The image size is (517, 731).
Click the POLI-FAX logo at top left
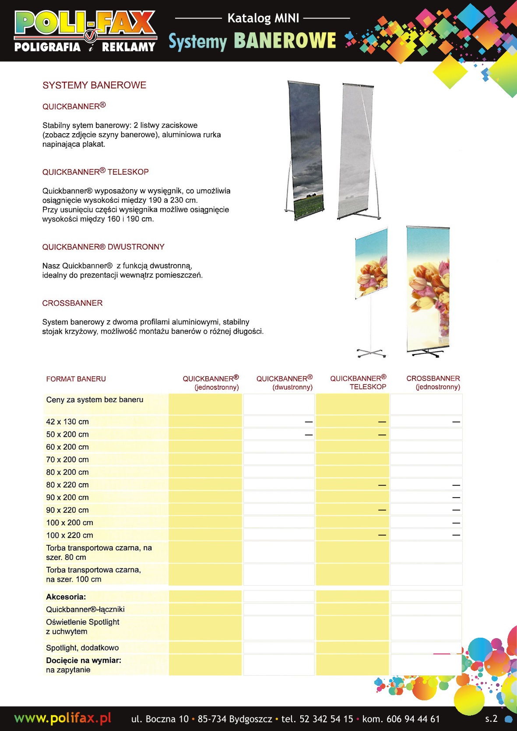85,31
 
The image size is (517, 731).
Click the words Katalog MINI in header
263,18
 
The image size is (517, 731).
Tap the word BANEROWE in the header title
285,41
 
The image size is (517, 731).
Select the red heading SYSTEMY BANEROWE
94,85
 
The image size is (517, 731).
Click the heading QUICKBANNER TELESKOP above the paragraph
95,172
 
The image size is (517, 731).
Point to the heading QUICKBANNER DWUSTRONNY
103,247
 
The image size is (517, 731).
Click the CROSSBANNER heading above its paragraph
72,303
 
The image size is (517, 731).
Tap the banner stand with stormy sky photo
305,149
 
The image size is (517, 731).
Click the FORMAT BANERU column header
76,379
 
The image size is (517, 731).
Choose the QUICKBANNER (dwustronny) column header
285,382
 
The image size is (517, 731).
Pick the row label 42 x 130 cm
67,422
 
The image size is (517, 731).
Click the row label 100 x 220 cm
70,535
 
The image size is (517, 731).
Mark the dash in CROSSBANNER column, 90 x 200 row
456,498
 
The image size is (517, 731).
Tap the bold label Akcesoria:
66,597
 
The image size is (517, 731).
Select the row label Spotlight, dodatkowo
82,648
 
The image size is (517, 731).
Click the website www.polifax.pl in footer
63,718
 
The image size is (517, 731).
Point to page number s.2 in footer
491,718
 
